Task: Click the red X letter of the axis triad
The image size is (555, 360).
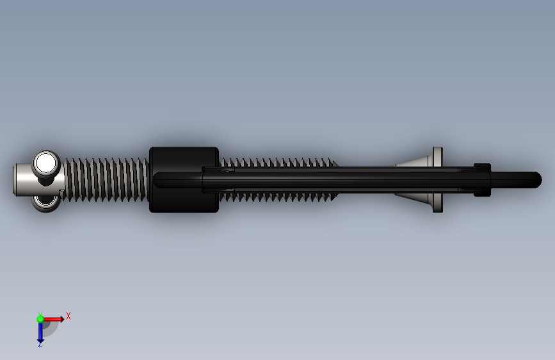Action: click(x=68, y=316)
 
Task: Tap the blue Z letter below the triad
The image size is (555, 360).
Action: click(x=40, y=344)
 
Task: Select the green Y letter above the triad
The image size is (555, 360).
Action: click(x=40, y=315)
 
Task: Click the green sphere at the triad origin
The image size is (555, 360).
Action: click(x=40, y=319)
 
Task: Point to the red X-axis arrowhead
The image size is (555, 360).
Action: click(x=62, y=319)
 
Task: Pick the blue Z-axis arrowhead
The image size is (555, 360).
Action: click(x=40, y=341)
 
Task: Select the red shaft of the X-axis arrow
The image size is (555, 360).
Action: click(x=52, y=319)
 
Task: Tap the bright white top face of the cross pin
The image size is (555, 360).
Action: click(x=46, y=163)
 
